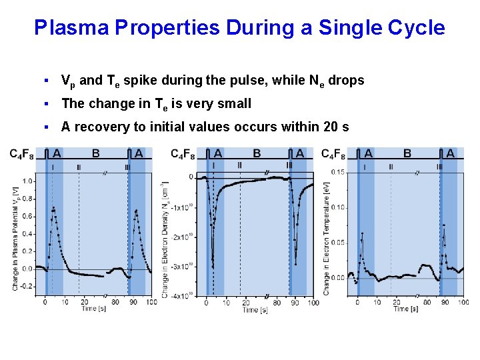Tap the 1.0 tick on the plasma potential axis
tap(27, 181)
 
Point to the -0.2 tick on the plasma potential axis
tap(26, 286)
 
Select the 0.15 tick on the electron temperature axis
tap(337, 173)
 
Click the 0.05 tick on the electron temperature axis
tap(337, 243)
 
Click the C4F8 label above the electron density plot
tap(183, 155)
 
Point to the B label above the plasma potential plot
tap(96, 153)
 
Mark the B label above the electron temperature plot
tap(407, 153)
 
